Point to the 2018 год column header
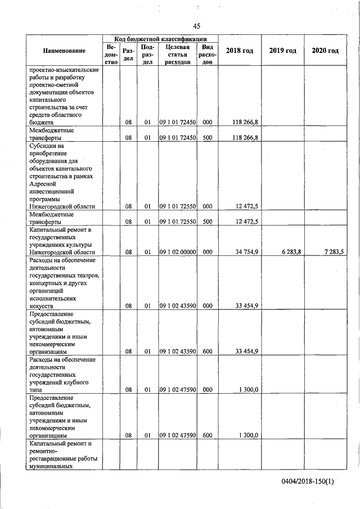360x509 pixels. point(239,51)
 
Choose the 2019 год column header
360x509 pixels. point(282,51)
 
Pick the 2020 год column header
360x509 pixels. point(325,51)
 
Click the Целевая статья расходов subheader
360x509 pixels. point(177,55)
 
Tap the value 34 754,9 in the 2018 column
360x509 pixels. point(246,252)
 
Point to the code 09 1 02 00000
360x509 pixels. point(177,252)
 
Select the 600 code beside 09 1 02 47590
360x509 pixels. point(207,435)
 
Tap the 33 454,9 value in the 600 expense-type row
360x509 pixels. point(246,352)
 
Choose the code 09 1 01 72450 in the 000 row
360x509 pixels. point(177,121)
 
